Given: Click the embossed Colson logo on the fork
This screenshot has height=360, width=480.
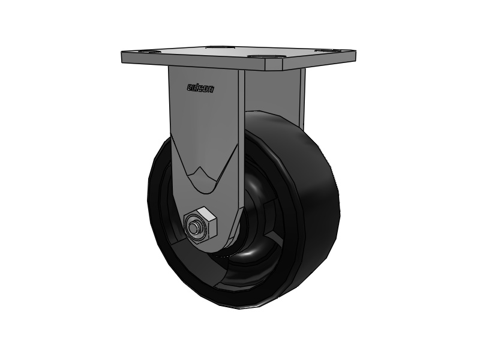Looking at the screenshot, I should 200,88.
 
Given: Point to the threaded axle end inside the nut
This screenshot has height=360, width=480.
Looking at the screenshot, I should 195,227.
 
